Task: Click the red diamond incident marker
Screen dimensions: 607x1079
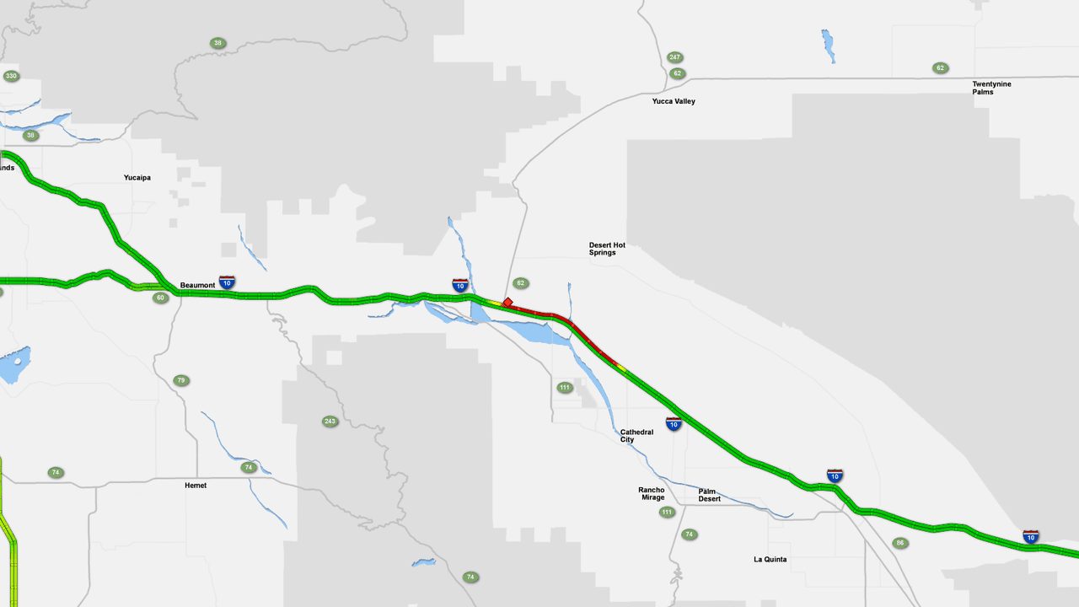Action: point(507,302)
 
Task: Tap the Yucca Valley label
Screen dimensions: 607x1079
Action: point(674,101)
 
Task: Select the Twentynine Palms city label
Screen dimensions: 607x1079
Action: point(991,88)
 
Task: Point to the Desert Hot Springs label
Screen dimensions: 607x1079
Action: point(607,249)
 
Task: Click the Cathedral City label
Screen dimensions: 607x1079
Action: point(636,436)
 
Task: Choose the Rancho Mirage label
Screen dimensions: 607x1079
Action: point(652,493)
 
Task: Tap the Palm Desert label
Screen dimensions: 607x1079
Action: point(710,495)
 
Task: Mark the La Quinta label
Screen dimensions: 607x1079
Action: point(770,559)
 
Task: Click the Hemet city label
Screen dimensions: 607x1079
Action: point(196,486)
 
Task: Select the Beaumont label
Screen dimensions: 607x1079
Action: point(197,286)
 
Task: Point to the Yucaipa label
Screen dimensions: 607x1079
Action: point(137,178)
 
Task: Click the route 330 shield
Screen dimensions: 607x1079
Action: point(11,76)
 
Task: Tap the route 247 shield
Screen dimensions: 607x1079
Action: point(674,57)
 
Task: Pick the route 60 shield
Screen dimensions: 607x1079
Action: point(160,298)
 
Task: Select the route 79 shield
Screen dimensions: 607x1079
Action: point(180,380)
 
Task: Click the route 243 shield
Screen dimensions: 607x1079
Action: point(330,421)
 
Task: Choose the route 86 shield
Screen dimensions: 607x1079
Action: point(900,543)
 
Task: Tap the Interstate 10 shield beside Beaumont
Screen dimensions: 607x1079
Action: point(227,282)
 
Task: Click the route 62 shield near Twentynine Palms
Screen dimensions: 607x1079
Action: point(940,67)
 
